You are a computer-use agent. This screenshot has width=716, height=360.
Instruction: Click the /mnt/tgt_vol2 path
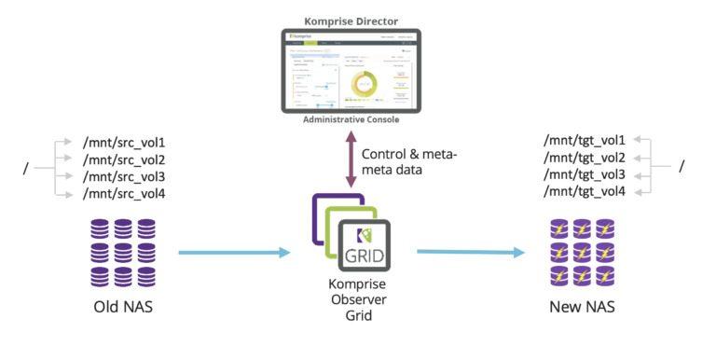coord(585,158)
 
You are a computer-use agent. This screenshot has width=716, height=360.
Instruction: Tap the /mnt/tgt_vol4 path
coord(585,191)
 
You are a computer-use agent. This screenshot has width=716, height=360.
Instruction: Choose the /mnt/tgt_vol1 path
coord(585,141)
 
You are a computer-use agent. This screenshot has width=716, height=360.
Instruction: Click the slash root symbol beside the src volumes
coord(26,169)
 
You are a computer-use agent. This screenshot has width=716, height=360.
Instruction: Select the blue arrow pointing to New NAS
coord(471,252)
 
